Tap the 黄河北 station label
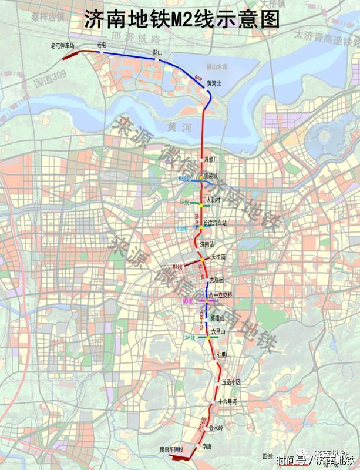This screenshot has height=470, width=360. pos(214,84)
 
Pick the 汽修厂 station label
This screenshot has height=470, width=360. pos(211,159)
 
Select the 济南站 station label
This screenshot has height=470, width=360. pos(208,243)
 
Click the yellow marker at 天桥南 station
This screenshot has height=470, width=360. pos(201,259)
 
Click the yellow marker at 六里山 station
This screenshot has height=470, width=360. pos(208,338)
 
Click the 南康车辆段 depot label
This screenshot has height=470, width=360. pos(171,449)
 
